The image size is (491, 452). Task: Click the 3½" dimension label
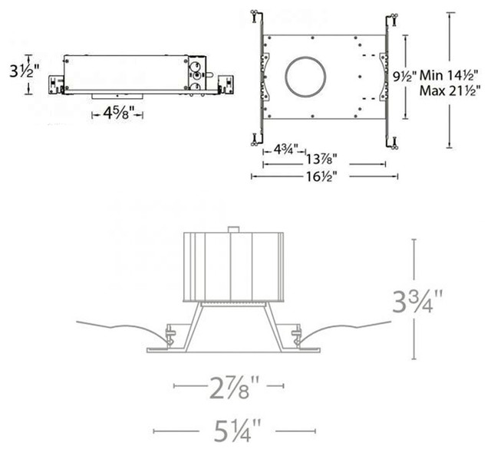click(25, 71)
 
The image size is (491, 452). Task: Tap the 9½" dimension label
click(405, 76)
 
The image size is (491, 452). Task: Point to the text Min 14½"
click(448, 76)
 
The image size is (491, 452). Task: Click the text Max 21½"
click(450, 91)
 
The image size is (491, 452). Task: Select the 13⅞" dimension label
click(321, 159)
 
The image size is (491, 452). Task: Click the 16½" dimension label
click(321, 177)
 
